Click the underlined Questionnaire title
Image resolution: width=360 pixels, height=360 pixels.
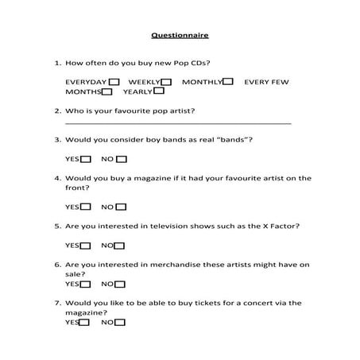180,35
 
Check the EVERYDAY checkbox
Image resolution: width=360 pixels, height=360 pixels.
114,82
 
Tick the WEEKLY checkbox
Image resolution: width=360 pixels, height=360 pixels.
165,82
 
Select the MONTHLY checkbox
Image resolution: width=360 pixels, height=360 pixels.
228,82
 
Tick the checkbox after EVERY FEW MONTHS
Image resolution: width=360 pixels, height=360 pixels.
106,92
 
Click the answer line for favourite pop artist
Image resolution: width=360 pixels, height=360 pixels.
177,123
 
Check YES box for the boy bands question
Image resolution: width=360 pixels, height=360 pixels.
87,159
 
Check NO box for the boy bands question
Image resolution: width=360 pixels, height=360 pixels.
121,159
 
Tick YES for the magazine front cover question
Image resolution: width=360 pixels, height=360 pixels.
87,207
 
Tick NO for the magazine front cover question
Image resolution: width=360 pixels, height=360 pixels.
121,207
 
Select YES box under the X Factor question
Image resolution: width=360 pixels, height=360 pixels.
87,246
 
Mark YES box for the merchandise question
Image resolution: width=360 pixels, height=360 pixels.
87,284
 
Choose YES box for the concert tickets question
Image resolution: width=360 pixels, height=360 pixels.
84,323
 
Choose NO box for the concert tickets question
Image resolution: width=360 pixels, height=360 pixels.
118,323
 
